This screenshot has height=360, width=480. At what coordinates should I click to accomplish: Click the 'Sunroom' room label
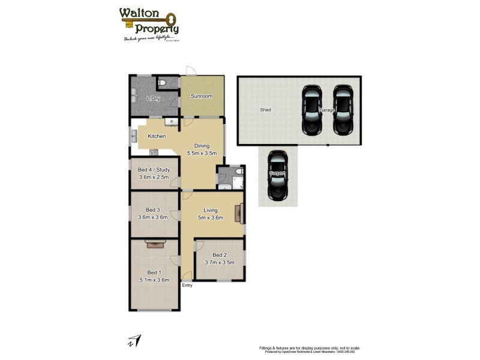(202, 96)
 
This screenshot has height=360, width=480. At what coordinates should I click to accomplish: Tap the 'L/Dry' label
(152, 98)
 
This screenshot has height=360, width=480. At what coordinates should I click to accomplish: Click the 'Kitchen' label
(157, 136)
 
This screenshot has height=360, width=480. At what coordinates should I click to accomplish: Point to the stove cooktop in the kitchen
(154, 152)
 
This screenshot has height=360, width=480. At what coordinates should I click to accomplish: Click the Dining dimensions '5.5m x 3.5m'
(201, 154)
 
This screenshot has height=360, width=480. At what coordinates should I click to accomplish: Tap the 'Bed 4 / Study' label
(154, 170)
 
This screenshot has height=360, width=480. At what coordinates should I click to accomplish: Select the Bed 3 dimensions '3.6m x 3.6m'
(154, 217)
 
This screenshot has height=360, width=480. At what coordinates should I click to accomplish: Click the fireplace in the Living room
(239, 213)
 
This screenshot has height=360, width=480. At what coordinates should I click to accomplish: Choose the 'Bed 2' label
(220, 254)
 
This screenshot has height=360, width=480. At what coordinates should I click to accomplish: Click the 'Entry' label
(187, 285)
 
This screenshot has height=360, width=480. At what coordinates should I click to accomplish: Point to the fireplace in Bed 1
(154, 243)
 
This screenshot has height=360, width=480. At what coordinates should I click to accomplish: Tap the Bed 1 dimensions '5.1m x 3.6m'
(154, 280)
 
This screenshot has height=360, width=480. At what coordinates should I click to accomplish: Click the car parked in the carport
(277, 175)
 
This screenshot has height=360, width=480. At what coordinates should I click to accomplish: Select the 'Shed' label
(265, 110)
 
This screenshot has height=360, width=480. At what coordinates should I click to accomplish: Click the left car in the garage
(312, 110)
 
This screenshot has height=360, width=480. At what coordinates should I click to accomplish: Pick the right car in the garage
(343, 110)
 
